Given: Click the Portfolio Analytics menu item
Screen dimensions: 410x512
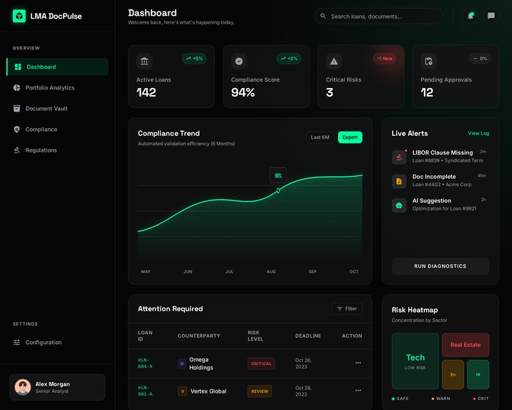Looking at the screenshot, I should click(49, 88).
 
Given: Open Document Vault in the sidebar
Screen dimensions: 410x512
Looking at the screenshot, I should click(46, 109).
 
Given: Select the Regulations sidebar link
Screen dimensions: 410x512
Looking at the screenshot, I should click(41, 150).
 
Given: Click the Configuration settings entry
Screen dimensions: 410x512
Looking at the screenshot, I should click(43, 343).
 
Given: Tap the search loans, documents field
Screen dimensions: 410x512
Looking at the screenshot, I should click(379, 16).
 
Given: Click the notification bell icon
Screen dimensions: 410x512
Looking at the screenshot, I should click(470, 16).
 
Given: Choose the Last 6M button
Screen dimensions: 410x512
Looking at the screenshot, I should click(320, 137).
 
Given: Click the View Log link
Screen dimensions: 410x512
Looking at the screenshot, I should click(478, 133).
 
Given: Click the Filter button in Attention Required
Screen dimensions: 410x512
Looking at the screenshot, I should click(347, 308).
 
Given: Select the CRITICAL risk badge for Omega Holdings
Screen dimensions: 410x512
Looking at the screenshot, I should click(261, 363).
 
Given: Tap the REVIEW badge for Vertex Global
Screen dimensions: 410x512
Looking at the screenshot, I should click(260, 391).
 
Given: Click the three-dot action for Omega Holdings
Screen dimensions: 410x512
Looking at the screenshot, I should click(358, 363).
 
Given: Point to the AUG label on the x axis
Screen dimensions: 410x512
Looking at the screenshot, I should click(271, 272).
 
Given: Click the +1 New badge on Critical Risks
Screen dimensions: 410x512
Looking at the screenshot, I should click(385, 59).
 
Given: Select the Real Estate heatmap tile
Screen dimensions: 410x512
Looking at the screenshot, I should click(465, 345).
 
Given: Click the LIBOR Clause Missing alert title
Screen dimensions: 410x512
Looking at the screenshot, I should click(442, 152).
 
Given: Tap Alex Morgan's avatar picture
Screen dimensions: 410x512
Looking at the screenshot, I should click(23, 387).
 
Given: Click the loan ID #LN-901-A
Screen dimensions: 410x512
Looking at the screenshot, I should click(145, 391).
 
